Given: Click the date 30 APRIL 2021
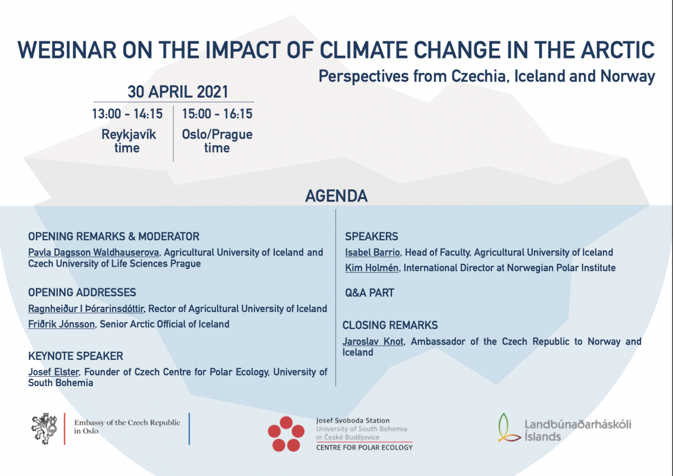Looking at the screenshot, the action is click(178, 91).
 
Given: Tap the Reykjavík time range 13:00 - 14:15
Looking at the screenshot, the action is click(127, 114).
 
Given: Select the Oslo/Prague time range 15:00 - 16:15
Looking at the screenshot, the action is click(217, 114).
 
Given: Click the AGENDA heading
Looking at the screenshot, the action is click(336, 196).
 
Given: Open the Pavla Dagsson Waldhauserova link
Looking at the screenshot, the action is click(94, 253).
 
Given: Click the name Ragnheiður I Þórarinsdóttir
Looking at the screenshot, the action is click(86, 309).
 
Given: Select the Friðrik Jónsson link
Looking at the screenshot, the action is click(61, 324).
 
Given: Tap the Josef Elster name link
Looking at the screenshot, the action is click(53, 372).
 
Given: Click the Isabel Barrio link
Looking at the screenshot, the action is click(372, 253).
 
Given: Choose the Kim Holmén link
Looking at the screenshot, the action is click(372, 268).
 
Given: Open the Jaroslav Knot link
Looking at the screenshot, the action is click(373, 342).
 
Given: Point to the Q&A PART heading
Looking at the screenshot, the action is click(369, 293).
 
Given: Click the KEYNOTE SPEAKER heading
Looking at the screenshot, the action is click(75, 356).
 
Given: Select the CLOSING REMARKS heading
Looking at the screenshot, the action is click(390, 326).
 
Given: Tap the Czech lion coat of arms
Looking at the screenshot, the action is click(44, 428).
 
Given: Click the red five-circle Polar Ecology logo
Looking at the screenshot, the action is click(286, 434).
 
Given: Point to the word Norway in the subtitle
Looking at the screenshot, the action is click(628, 76).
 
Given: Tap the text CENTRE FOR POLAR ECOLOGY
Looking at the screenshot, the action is click(365, 448).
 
